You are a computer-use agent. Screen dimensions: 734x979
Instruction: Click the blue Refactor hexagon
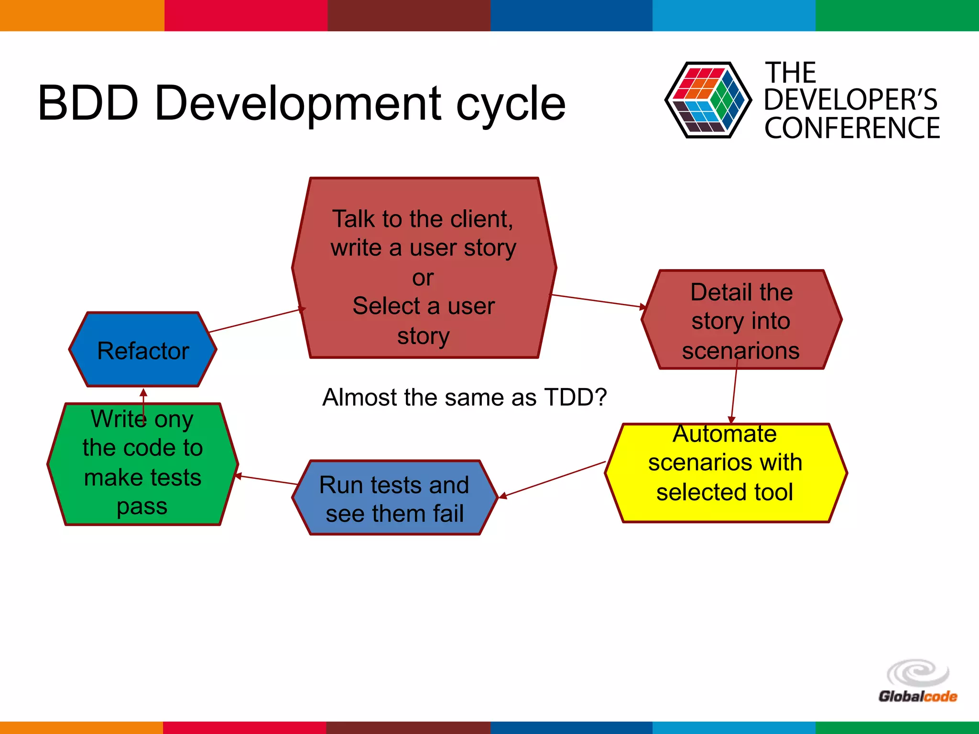[142, 350]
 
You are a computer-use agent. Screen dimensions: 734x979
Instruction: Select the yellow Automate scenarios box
[725, 473]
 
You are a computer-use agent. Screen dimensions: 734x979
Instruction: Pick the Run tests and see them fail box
[394, 498]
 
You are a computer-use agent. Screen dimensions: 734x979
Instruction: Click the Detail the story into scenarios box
[741, 320]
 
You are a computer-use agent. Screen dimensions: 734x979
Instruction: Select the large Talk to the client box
[424, 268]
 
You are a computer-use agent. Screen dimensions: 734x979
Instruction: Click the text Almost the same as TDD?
[464, 397]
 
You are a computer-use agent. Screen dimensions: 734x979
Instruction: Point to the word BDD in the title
[88, 103]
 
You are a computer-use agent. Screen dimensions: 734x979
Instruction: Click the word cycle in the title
[511, 103]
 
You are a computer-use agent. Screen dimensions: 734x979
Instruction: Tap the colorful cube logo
[707, 100]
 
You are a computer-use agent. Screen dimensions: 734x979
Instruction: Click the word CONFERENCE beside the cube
[852, 128]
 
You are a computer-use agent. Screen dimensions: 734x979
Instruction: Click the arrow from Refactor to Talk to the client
[256, 321]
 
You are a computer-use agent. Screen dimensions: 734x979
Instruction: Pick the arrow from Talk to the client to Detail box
[598, 301]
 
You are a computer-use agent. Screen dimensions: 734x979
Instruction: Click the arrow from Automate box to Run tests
[555, 479]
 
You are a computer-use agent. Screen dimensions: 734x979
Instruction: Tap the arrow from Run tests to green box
[267, 480]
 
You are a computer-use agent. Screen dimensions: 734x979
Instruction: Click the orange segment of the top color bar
[81, 15]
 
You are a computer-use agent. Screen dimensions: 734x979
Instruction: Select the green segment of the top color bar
[897, 15]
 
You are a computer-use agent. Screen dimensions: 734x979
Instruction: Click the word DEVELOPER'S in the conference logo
[851, 99]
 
